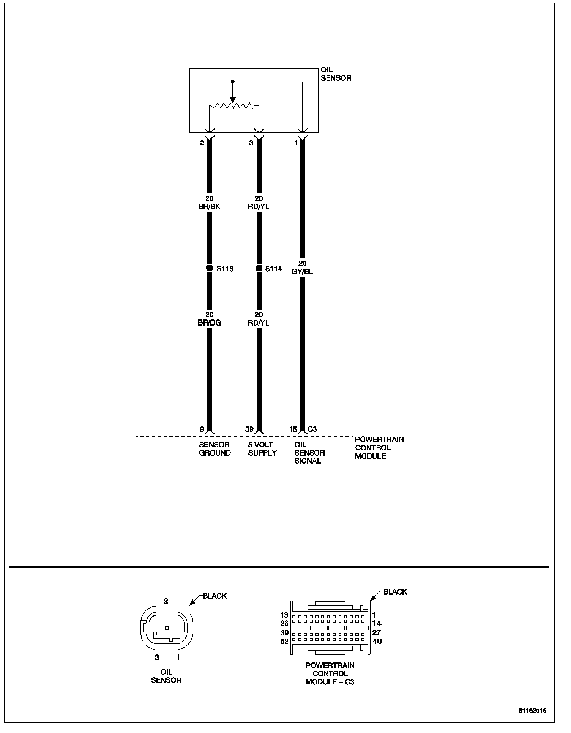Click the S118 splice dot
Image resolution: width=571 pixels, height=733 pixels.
(x=209, y=268)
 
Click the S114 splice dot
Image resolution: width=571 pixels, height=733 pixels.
(x=259, y=268)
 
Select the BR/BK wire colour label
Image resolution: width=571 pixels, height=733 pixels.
(x=209, y=207)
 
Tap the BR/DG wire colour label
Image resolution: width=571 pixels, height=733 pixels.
(x=209, y=323)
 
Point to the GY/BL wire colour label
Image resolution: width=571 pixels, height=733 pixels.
(x=302, y=272)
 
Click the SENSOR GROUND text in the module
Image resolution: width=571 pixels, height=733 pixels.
(x=215, y=448)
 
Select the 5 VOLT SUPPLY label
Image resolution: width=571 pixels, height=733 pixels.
(x=262, y=448)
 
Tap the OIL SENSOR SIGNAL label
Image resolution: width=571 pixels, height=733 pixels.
(x=309, y=453)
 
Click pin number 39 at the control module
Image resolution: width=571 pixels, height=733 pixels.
(x=249, y=429)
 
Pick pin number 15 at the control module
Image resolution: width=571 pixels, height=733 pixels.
(x=293, y=429)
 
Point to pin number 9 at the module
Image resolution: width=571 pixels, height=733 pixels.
(x=202, y=429)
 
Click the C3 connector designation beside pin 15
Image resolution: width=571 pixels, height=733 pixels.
(x=312, y=429)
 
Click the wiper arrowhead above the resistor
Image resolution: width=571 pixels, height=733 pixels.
(x=233, y=99)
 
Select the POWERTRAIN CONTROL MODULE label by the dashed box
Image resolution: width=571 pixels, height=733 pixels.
(x=379, y=448)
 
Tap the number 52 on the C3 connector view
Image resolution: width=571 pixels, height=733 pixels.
(x=284, y=641)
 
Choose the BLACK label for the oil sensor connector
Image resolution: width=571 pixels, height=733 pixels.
(x=215, y=596)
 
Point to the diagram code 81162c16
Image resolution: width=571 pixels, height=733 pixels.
(x=533, y=710)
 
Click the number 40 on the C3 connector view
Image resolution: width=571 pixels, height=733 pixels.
(x=377, y=641)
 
